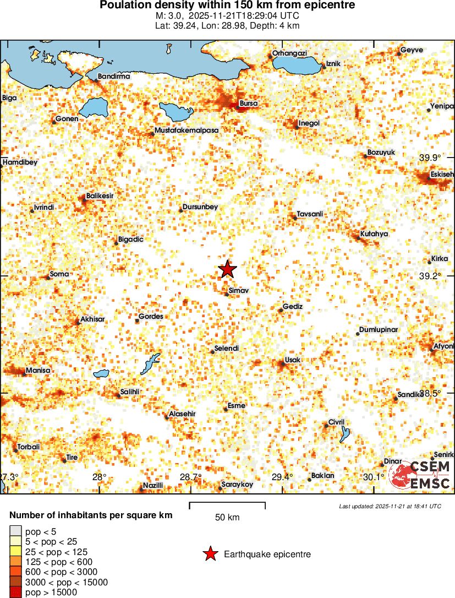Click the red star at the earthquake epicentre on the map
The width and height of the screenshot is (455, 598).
(227, 269)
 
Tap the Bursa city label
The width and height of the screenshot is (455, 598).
(249, 104)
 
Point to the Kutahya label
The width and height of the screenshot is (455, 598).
(374, 234)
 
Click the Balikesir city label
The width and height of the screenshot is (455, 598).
(100, 196)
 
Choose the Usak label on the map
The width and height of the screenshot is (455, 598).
(293, 360)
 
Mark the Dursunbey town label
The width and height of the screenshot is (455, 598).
(200, 207)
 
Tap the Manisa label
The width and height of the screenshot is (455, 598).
(38, 371)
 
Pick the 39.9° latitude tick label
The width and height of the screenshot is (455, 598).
(430, 157)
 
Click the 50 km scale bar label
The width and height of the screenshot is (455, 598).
(227, 517)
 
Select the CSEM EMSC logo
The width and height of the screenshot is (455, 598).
(421, 475)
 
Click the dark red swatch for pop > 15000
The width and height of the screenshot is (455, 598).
(15, 592)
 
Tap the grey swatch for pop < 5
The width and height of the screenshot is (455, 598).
(15, 532)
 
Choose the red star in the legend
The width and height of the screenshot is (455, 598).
(210, 554)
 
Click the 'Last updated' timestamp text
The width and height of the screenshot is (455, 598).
(390, 506)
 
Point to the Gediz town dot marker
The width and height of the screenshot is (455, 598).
(281, 311)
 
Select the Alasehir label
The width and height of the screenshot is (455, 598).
(182, 414)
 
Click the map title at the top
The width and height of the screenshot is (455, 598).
(227, 5)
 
